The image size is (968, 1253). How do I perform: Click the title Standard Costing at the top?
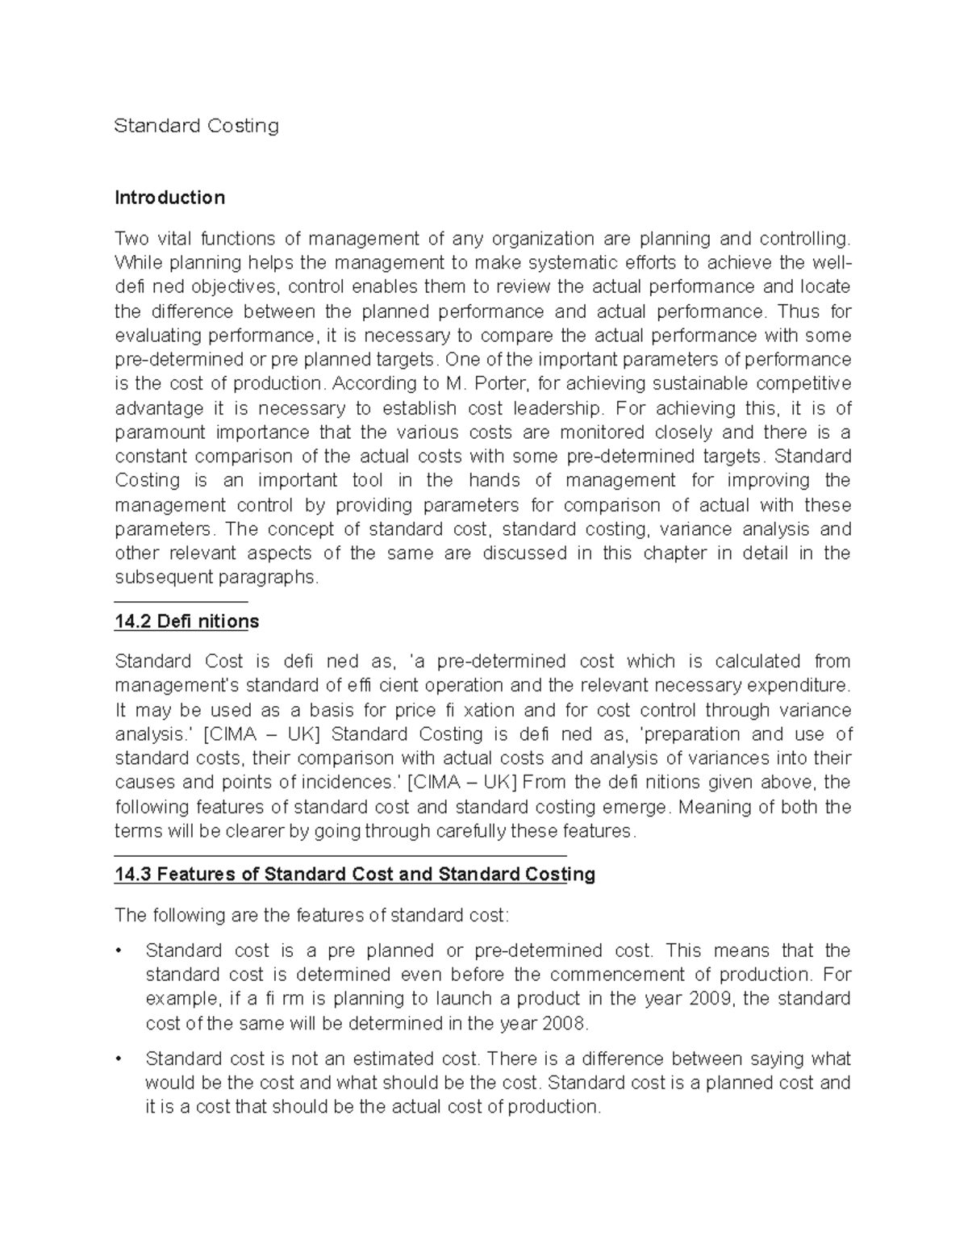tap(196, 126)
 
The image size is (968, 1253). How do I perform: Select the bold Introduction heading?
tap(169, 198)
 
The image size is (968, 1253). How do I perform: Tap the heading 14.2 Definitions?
tap(186, 621)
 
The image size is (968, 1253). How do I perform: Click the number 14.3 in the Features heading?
tap(133, 875)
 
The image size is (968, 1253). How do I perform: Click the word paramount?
tap(158, 432)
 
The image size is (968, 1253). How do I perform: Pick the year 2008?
tap(567, 1024)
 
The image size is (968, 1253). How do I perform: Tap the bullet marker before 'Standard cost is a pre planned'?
tap(119, 951)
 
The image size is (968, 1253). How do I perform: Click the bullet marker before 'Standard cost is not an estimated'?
tap(119, 1059)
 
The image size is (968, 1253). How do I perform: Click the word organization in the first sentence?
tap(532, 239)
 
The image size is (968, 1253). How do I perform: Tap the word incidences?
tap(346, 783)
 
